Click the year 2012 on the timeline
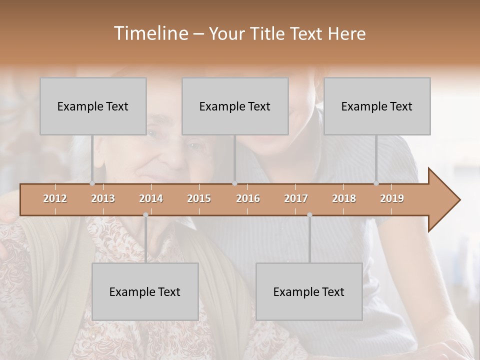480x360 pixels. point(55,198)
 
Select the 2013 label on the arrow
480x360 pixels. point(103,198)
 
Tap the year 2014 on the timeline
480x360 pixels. point(151,198)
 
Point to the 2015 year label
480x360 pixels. point(199,198)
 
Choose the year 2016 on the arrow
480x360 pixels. point(248,198)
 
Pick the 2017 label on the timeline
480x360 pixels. point(296,198)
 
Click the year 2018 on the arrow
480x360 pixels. point(344,198)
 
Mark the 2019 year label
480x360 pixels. point(392,198)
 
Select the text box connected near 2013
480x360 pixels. point(93,106)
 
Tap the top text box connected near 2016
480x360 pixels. point(235,106)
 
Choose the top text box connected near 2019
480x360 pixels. point(377,106)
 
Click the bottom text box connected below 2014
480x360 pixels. point(145,291)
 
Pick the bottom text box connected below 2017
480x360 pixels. point(309,291)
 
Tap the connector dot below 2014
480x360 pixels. point(145,214)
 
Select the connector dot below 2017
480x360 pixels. point(309,214)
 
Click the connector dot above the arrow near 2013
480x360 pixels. point(92,183)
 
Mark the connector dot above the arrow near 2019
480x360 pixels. point(376,183)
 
